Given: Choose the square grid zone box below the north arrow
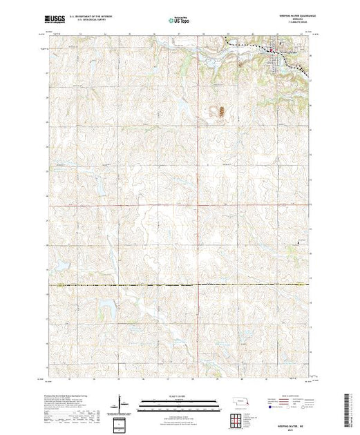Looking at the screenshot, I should [121, 422].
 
